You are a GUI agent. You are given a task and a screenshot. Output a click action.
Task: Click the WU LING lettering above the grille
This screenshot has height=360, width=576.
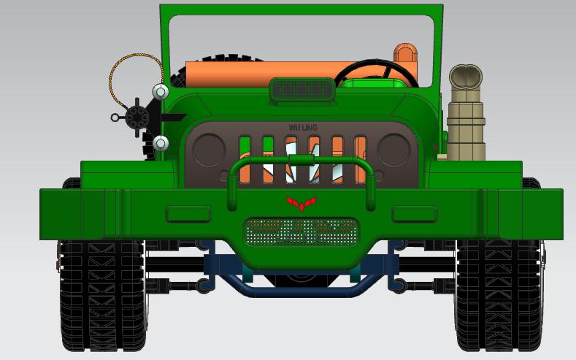(303, 127)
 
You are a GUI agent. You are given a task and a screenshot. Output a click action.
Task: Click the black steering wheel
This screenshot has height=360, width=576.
(372, 71)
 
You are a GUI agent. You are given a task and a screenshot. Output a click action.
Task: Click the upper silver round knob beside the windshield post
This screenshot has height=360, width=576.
(160, 92)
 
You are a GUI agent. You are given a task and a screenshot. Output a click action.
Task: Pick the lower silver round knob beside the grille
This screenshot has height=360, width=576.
(161, 143)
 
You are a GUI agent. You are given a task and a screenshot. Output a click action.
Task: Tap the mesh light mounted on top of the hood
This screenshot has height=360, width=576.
(302, 90)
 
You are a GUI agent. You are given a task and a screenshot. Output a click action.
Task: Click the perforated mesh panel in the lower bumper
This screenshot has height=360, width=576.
(302, 231)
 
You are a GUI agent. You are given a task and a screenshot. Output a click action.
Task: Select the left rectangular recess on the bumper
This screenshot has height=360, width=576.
(188, 214)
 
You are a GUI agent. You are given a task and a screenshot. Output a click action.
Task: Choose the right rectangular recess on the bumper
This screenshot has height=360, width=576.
(414, 214)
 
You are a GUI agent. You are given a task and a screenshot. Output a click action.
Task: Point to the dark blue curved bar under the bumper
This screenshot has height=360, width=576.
(301, 290)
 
